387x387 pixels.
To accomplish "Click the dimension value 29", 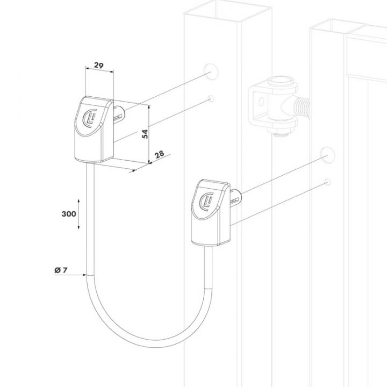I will click(x=98, y=65).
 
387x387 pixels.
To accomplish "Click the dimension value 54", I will click(x=145, y=134).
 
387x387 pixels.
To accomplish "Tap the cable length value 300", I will click(x=68, y=214).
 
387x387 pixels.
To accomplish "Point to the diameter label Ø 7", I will click(x=60, y=270).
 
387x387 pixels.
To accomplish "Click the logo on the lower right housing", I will click(x=205, y=200).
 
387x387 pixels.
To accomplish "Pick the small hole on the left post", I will click(x=211, y=98).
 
